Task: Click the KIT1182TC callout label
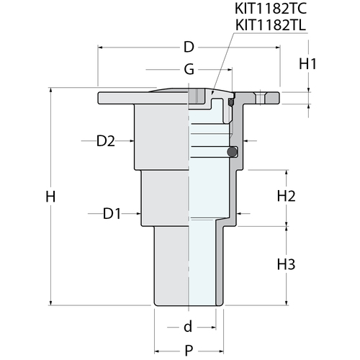(x=271, y=9)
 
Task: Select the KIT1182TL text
(x=271, y=25)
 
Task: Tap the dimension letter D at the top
(x=189, y=47)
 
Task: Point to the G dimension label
(x=189, y=70)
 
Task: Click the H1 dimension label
(x=307, y=64)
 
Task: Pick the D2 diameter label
(x=106, y=141)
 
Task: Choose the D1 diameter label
(x=112, y=214)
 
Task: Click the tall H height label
(x=50, y=197)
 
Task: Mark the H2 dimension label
(x=287, y=196)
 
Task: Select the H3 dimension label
(x=286, y=264)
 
